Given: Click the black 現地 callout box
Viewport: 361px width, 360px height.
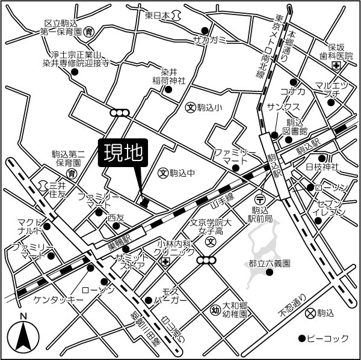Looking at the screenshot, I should click(x=122, y=154).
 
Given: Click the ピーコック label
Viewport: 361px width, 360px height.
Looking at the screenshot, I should click(x=328, y=338).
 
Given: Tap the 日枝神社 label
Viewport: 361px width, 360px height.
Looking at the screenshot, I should click(x=322, y=166).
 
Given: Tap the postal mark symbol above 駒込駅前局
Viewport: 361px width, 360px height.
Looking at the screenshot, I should click(x=260, y=199).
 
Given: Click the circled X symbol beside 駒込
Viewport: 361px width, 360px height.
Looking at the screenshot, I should click(x=310, y=313).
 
